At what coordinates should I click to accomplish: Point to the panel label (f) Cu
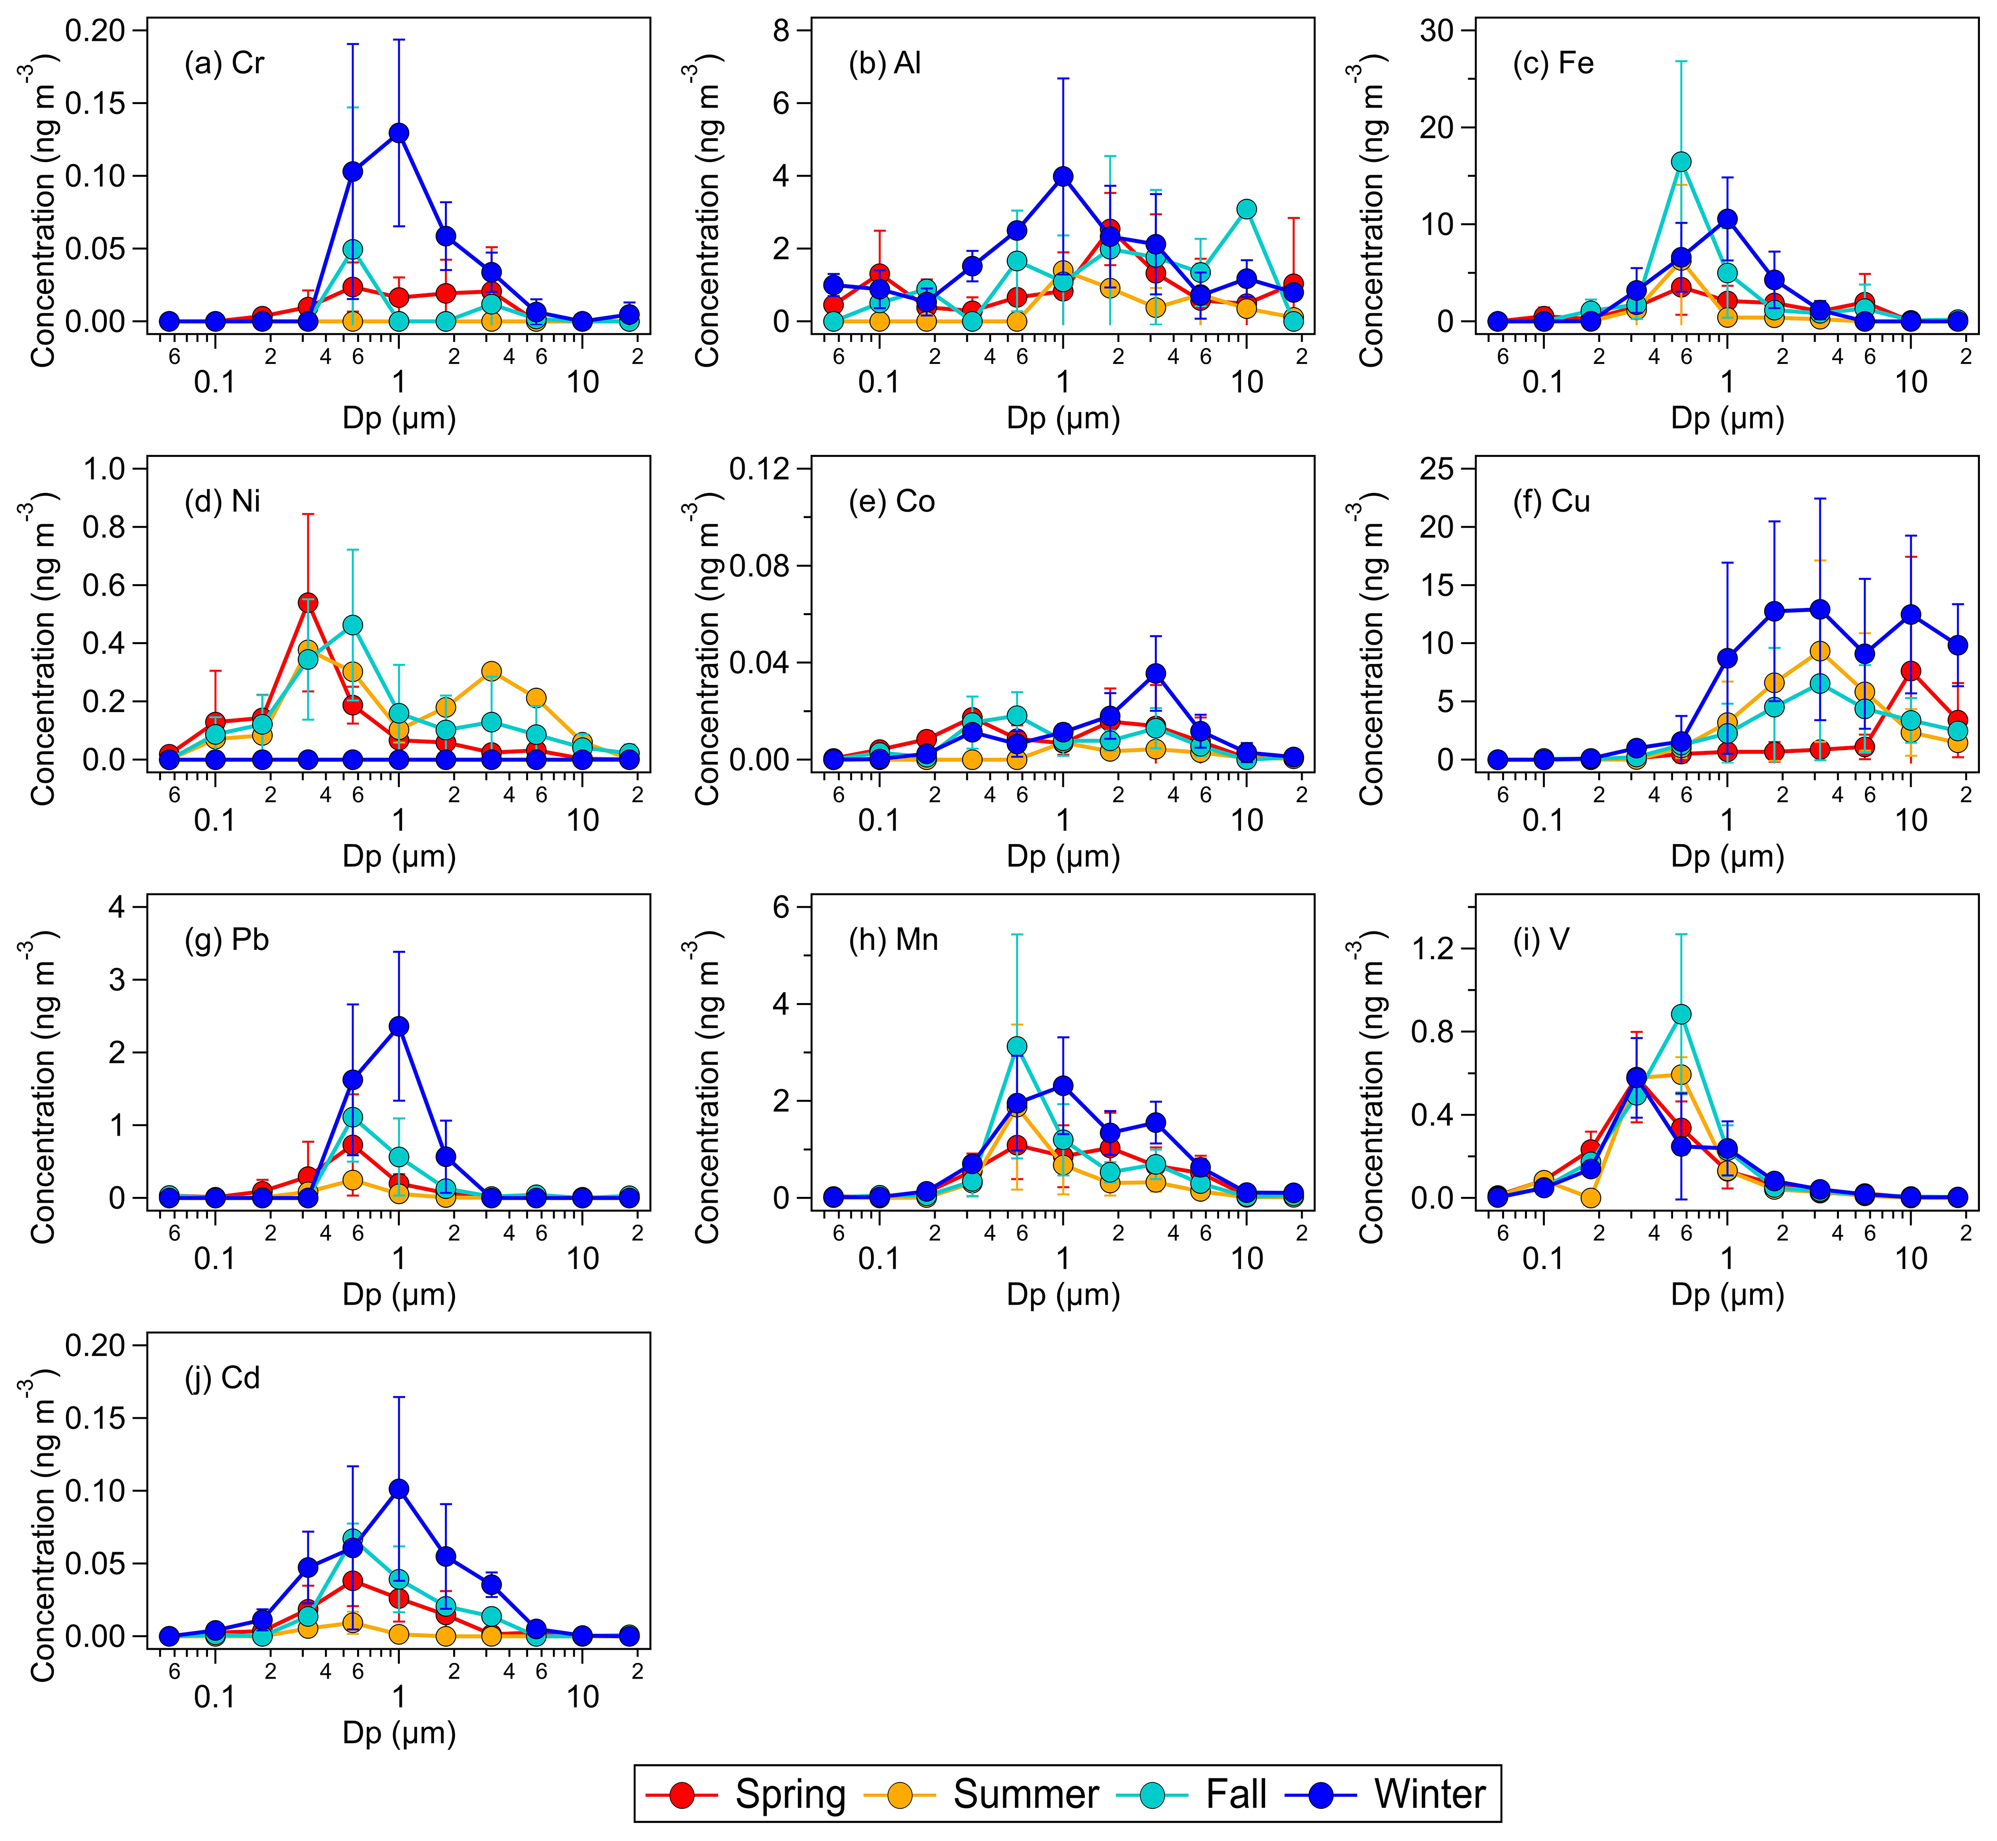click(x=1552, y=501)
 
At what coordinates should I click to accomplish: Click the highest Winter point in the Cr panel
click(x=398, y=133)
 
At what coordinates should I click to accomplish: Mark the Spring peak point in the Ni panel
click(x=308, y=603)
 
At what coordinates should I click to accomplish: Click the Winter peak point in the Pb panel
click(x=398, y=1026)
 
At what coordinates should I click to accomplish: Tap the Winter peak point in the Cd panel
click(x=398, y=1489)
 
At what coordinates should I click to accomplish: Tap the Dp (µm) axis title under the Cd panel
click(x=398, y=1732)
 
